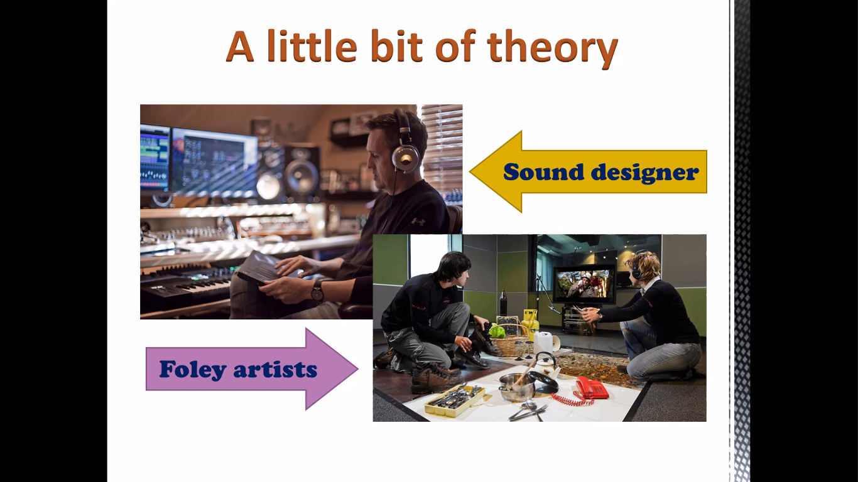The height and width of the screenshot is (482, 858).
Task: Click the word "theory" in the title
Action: point(552,48)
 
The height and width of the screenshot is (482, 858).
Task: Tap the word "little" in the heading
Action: point(312,46)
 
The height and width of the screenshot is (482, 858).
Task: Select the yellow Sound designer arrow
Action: point(588,171)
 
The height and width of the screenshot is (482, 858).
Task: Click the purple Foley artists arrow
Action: point(252,369)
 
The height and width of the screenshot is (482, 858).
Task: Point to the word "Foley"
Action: point(193,370)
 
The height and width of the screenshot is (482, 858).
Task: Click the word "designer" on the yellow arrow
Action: point(645,173)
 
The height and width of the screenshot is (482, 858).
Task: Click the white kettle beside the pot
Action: point(547,365)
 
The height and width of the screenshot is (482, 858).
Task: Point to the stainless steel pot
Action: point(517,387)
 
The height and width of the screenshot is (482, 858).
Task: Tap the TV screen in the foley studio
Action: point(583,283)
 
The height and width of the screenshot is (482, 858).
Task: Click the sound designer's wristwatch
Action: point(317,292)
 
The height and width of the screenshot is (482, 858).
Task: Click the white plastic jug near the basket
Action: point(545,342)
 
